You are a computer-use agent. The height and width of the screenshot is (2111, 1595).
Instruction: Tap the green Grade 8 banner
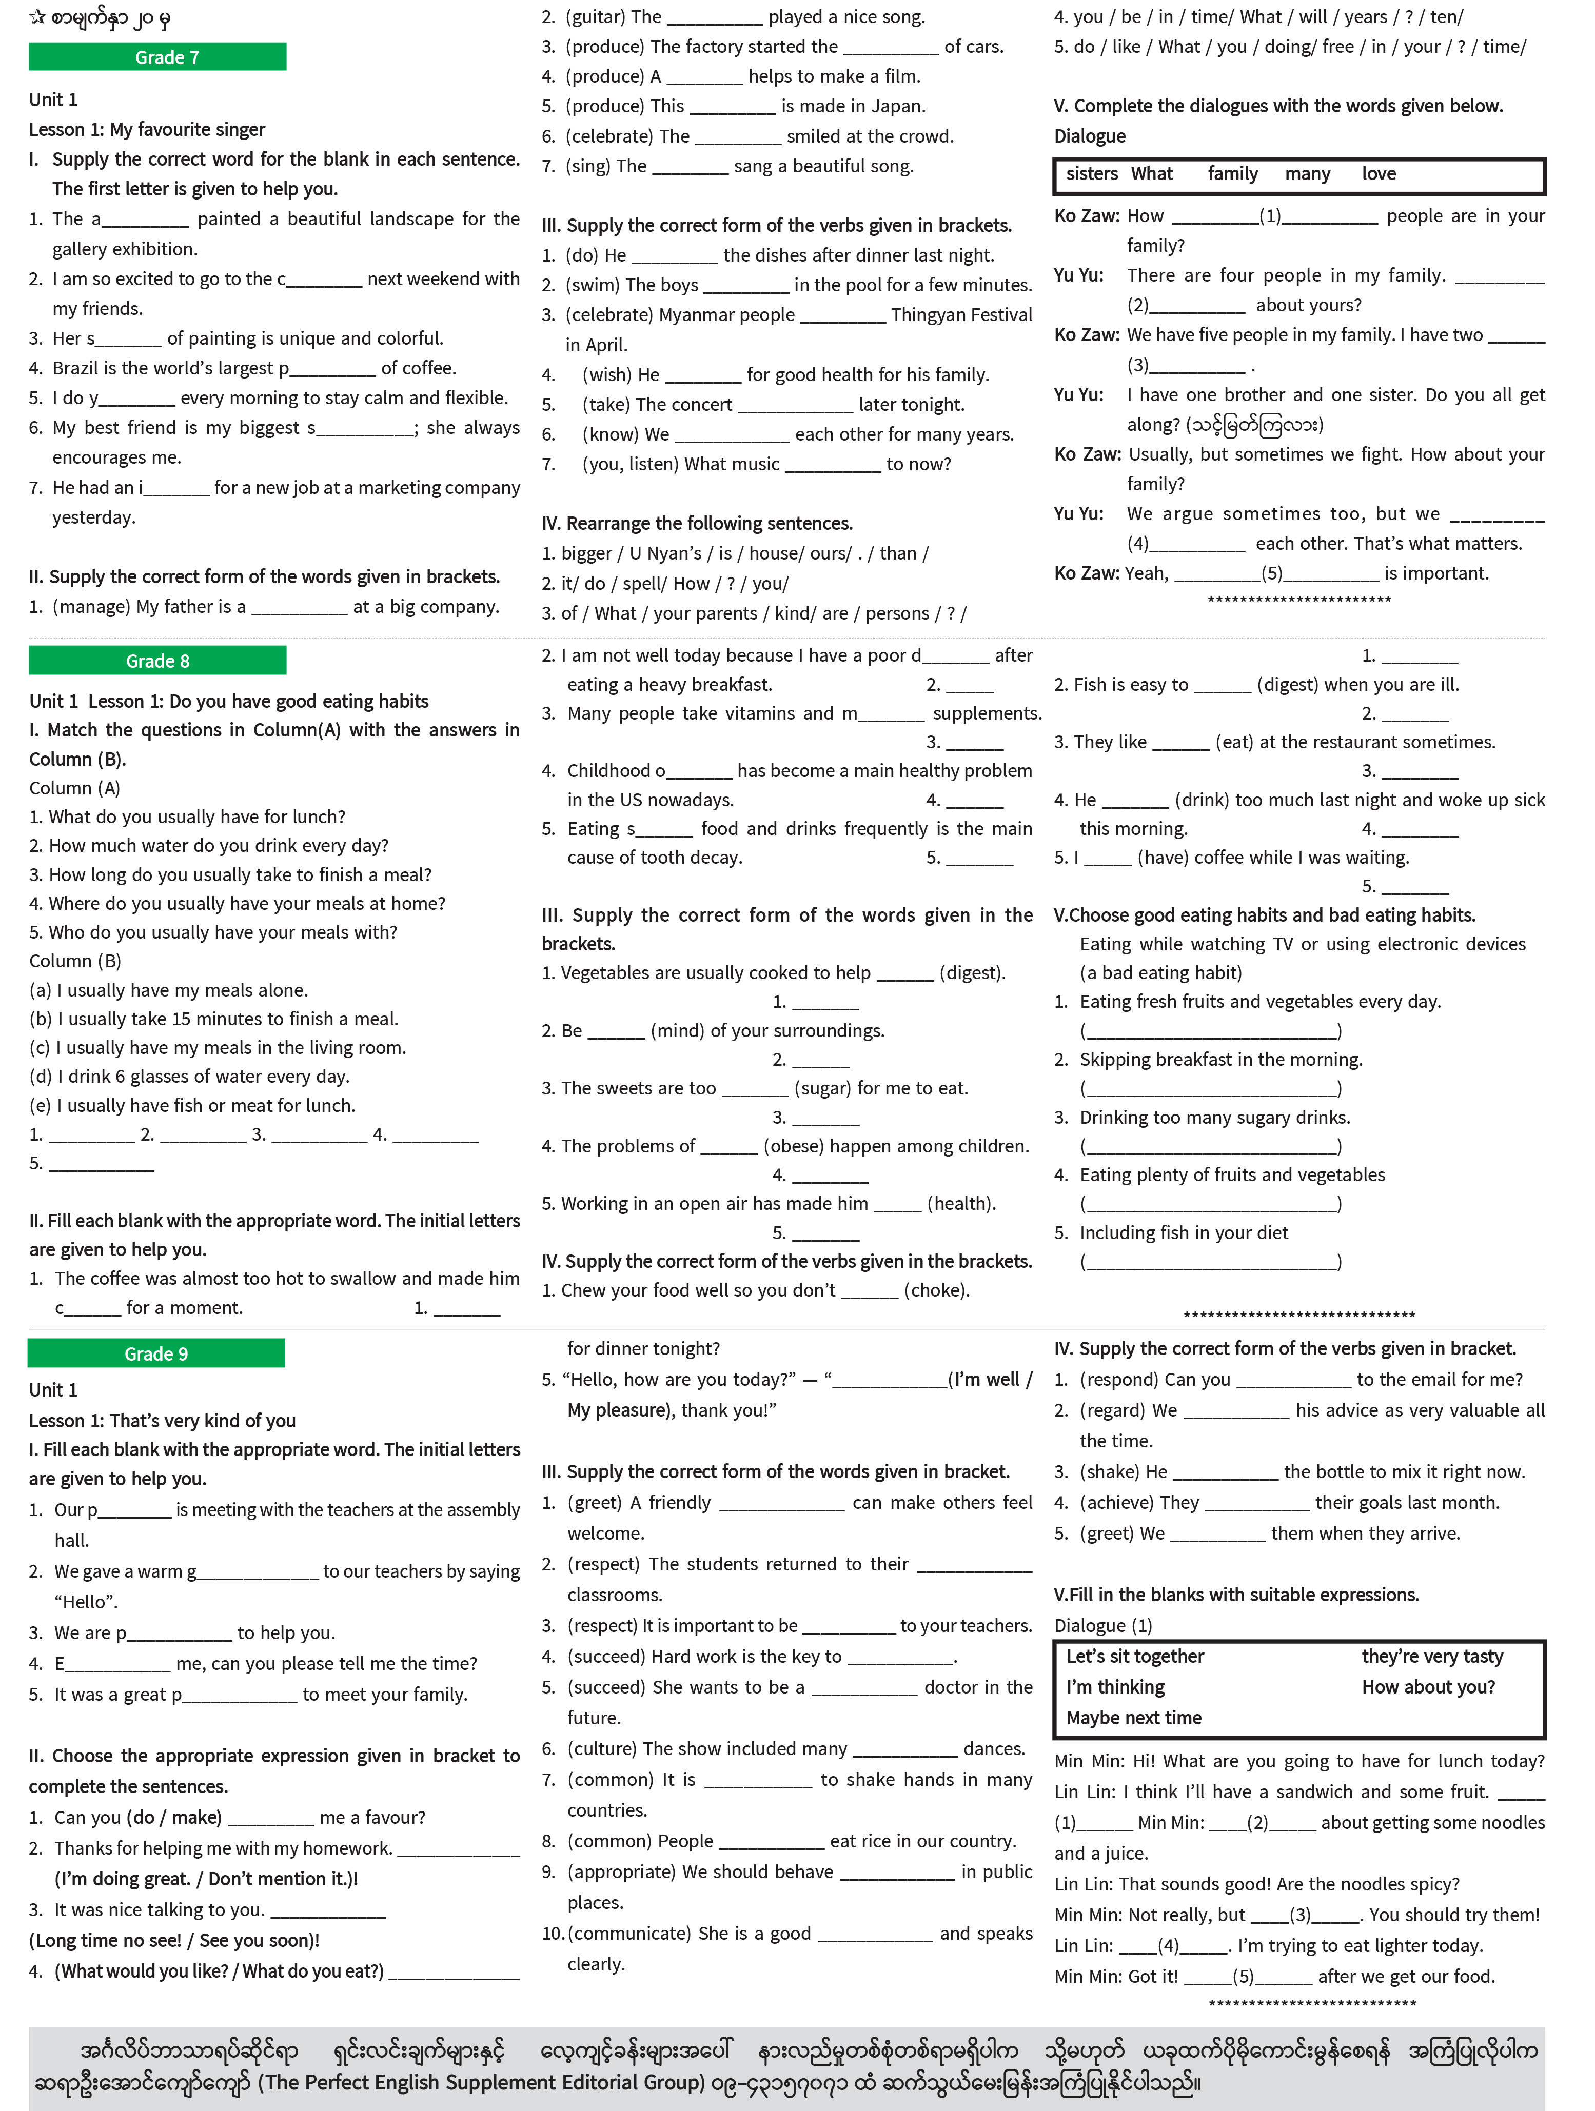[x=157, y=661]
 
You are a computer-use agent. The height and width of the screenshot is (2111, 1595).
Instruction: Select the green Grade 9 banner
[x=156, y=1353]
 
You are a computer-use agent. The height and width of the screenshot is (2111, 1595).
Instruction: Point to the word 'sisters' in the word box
[x=1091, y=174]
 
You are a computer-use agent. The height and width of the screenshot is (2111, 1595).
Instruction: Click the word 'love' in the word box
[x=1379, y=174]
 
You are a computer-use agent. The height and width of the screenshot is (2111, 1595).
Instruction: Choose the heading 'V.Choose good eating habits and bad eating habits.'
[x=1264, y=915]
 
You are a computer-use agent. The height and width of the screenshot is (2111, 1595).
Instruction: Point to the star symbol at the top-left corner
[x=37, y=16]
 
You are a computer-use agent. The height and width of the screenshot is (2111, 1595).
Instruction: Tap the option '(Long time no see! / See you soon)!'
[x=174, y=1940]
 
